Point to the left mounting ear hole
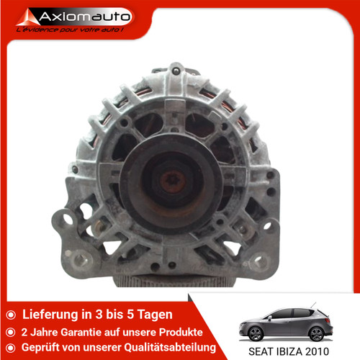pos(68,217)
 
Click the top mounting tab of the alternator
pos(177,71)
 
